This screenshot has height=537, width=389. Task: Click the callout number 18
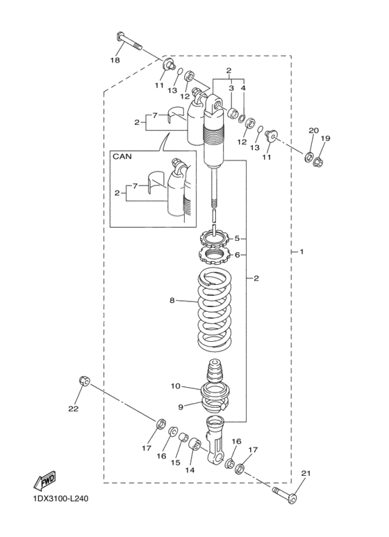coord(115,60)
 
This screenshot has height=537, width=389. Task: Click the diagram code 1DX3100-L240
coord(60,498)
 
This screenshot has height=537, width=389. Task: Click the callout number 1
coord(301,251)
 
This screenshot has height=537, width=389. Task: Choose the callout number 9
coord(181,406)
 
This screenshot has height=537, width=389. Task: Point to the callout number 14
coord(190,470)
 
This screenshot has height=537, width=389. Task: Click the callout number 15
coord(176,462)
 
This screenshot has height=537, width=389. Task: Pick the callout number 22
coord(74,408)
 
